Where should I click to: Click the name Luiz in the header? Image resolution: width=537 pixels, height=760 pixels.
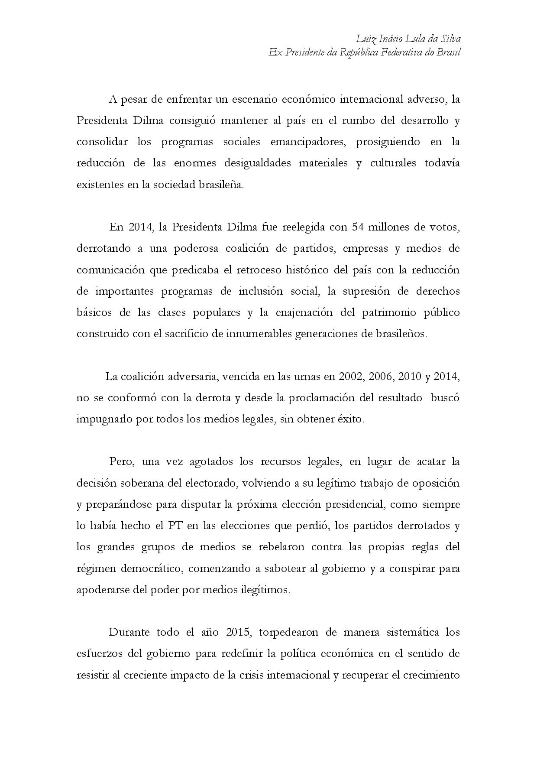(366, 39)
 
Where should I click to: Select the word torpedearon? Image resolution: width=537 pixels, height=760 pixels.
(289, 632)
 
